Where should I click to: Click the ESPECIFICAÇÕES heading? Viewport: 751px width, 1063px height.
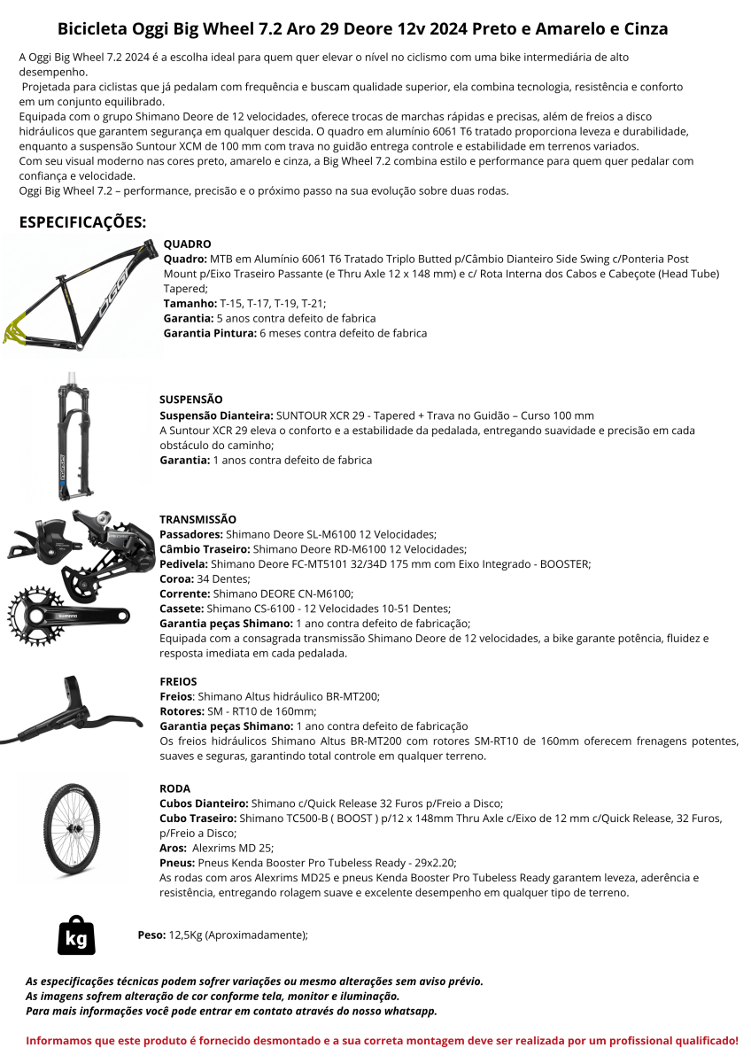(82, 221)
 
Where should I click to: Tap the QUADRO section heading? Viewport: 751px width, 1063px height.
(187, 244)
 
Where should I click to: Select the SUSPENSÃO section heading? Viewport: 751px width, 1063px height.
(190, 400)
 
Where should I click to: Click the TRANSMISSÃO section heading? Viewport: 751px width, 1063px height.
(197, 519)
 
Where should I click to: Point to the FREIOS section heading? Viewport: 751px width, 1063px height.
(178, 681)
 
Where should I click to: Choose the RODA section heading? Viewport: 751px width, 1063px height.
(174, 788)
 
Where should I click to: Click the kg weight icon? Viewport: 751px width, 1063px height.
(76, 935)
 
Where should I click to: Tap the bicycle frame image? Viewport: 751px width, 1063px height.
(82, 294)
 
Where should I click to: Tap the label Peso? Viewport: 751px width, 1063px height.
(151, 935)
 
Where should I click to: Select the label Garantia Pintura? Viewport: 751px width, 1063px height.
(210, 333)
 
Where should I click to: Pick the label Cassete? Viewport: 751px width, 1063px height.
(182, 609)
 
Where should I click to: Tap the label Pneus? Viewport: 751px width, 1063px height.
(177, 863)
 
